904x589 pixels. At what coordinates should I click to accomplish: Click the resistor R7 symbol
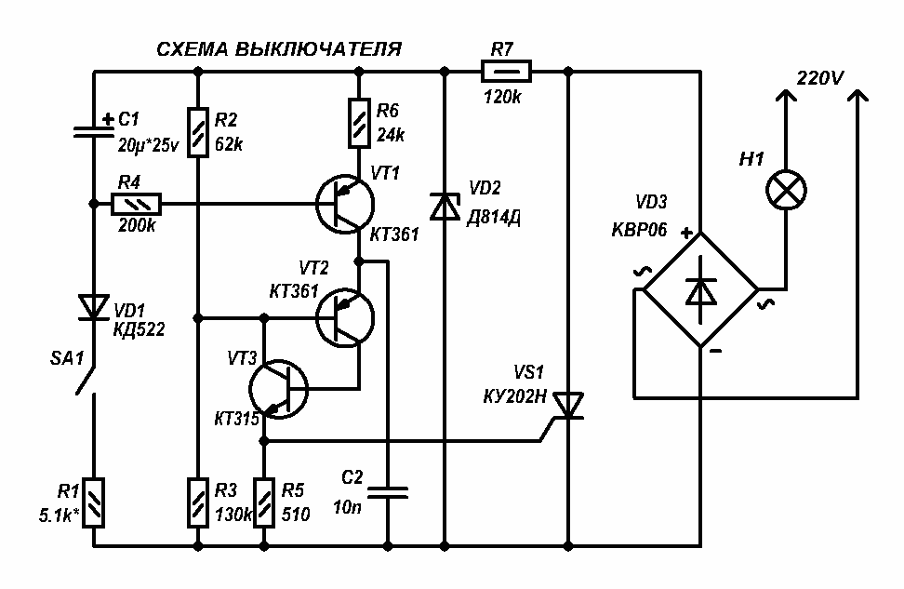point(506,70)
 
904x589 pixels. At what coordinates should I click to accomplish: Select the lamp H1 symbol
point(786,192)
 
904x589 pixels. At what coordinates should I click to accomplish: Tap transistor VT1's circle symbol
point(343,204)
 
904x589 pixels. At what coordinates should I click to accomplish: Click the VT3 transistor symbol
point(279,389)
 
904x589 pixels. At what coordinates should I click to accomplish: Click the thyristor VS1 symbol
point(566,406)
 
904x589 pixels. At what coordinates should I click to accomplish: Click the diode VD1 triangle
point(95,306)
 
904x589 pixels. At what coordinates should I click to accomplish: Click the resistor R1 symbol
point(95,502)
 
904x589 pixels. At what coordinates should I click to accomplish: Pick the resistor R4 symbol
point(137,203)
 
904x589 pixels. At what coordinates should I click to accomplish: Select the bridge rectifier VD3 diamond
point(699,290)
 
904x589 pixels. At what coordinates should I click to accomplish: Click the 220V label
point(819,78)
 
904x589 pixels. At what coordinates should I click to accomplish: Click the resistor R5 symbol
point(266,502)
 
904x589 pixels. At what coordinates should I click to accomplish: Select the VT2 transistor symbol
point(343,317)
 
